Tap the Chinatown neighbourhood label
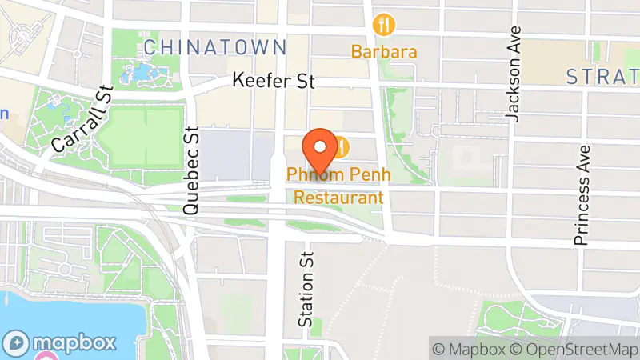[214, 46]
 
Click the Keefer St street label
[274, 82]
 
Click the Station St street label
[305, 286]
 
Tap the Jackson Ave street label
[514, 74]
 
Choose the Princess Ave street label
[582, 194]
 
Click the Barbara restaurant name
[384, 52]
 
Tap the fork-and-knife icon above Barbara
[386, 25]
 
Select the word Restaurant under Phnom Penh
[338, 197]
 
